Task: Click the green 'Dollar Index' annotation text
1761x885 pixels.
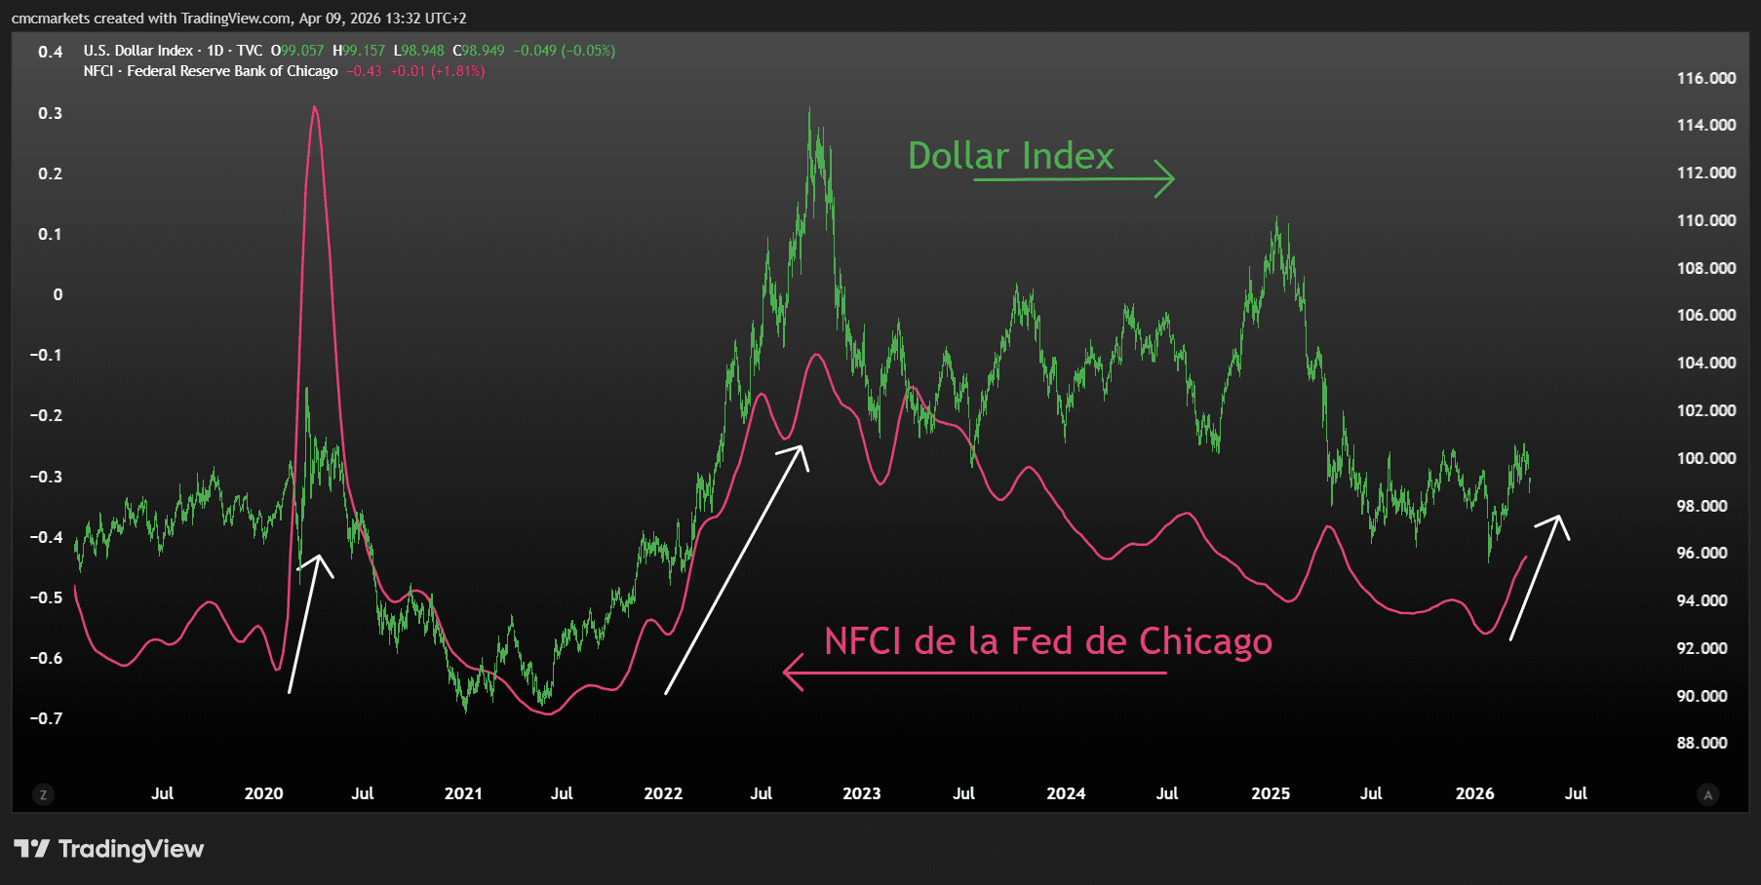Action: click(x=1010, y=156)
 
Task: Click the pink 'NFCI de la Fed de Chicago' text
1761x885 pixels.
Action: click(x=1047, y=641)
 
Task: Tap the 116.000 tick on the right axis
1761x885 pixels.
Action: click(x=1705, y=78)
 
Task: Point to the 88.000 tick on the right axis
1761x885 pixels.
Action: click(x=1702, y=743)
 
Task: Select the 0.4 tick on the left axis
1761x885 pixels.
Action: click(x=51, y=52)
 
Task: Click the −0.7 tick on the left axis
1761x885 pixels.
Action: click(x=46, y=718)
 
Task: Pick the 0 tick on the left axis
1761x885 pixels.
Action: click(x=58, y=294)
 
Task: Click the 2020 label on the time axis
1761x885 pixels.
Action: click(x=263, y=793)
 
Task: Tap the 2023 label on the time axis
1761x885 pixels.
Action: click(x=861, y=793)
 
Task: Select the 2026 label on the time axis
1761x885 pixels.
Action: click(x=1474, y=793)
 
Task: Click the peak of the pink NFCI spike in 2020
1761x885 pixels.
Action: click(x=314, y=107)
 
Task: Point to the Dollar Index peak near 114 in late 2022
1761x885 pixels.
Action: click(x=809, y=109)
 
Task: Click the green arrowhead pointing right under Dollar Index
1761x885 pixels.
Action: click(x=1170, y=178)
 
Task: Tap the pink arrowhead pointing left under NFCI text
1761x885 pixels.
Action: click(x=787, y=672)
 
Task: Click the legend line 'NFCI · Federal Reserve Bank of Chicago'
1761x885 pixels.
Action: click(x=210, y=71)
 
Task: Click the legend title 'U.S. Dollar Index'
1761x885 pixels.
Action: click(x=137, y=51)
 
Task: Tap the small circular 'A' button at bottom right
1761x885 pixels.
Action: click(x=1707, y=794)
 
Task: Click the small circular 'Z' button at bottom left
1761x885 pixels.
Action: click(x=42, y=794)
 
